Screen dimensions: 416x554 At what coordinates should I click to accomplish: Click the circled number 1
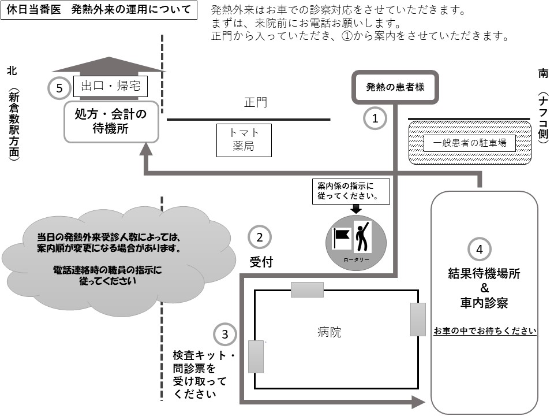point(375,118)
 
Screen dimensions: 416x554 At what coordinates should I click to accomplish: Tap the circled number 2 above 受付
point(260,237)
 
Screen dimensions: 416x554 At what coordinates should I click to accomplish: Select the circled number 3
point(225,334)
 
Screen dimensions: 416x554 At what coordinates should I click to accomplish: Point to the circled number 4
point(479,249)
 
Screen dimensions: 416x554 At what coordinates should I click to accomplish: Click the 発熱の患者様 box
point(395,87)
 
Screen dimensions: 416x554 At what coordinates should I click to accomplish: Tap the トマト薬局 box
point(243,140)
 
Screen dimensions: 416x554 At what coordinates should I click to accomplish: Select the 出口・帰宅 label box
point(111,87)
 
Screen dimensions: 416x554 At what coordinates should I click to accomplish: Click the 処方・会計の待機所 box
point(111,121)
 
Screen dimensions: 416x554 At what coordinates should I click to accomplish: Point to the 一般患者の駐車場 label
point(469,143)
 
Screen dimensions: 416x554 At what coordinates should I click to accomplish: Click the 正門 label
point(256,103)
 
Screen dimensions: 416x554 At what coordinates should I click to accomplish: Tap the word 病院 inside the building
point(329,332)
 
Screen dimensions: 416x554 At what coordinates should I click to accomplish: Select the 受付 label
point(261,262)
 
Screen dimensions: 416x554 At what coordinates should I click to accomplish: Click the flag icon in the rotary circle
point(342,237)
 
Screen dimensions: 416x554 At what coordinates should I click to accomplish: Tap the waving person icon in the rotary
point(362,235)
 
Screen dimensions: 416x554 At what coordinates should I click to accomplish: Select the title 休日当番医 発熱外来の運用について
point(98,10)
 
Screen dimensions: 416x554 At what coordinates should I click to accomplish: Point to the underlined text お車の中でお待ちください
point(485,331)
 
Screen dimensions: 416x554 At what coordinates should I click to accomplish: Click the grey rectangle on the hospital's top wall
point(307,289)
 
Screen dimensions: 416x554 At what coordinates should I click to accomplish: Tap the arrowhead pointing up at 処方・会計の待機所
point(147,148)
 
